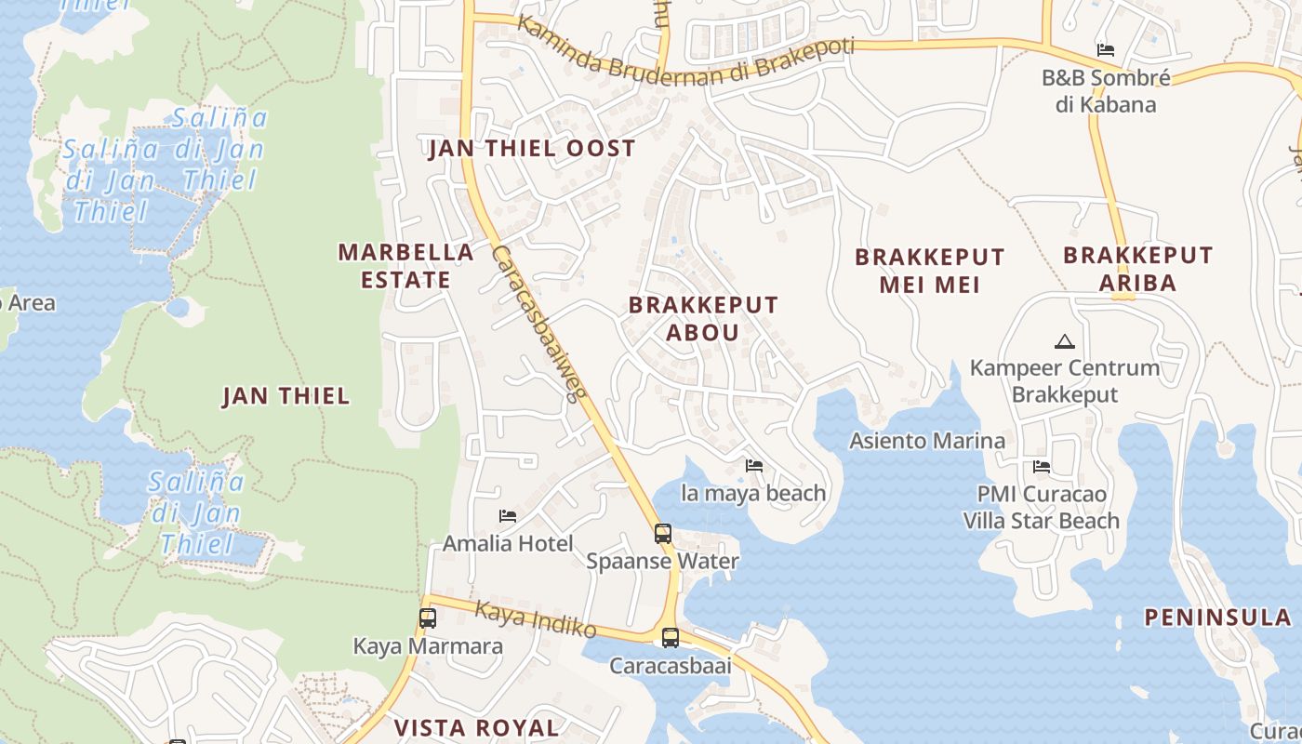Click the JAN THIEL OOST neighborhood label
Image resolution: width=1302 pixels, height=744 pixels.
tap(531, 149)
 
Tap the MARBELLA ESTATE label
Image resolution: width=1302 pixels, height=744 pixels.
tap(405, 266)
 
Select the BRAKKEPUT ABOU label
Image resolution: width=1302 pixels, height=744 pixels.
tap(703, 318)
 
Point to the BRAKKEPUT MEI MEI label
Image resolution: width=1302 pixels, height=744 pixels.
tap(929, 271)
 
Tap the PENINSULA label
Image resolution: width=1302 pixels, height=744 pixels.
tap(1217, 618)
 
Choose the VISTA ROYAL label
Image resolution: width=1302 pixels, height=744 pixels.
tap(476, 727)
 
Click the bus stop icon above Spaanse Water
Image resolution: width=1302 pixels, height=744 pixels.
tap(662, 534)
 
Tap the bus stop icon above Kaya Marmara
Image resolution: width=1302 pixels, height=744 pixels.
tap(428, 618)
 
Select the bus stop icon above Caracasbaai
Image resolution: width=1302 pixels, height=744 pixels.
tap(670, 638)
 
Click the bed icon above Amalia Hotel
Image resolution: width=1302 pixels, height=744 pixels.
tap(508, 515)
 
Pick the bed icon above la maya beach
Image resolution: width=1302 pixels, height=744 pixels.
tap(754, 465)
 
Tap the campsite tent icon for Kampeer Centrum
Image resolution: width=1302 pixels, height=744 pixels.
tap(1065, 341)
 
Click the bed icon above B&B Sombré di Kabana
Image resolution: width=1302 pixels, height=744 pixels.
tap(1106, 50)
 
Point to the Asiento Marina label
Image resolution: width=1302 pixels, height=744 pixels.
tap(927, 441)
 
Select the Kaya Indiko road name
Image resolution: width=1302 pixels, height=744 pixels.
tap(536, 620)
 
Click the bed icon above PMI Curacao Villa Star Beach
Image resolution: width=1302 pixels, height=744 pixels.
tap(1042, 466)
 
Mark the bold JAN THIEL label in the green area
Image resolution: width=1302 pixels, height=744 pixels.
tap(286, 396)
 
